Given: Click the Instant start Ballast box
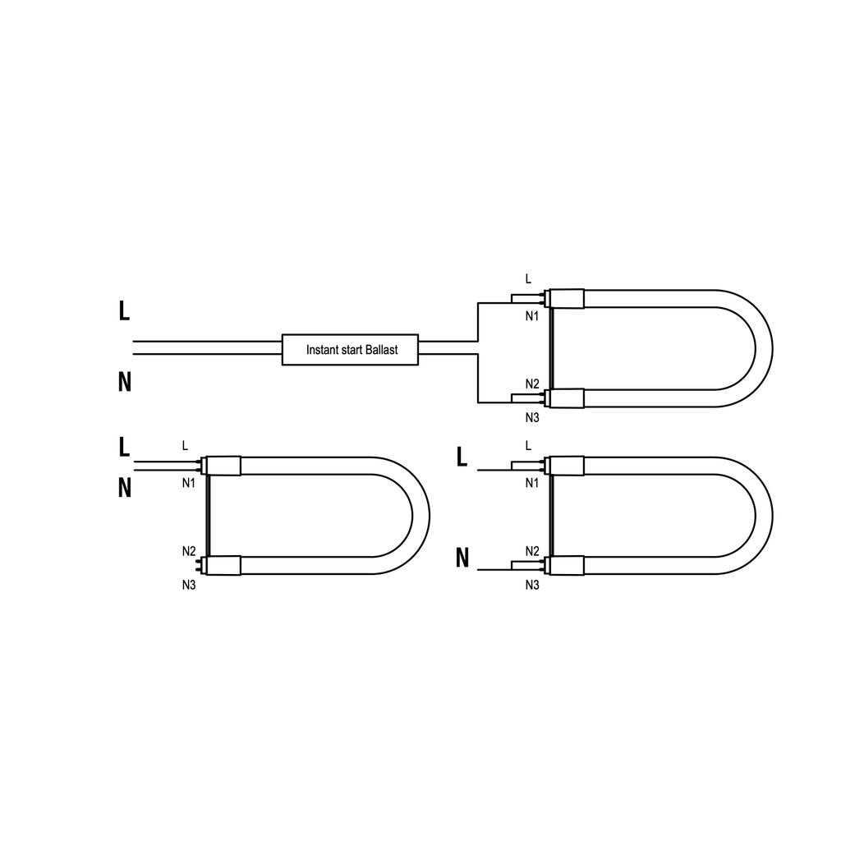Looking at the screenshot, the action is tap(350, 350).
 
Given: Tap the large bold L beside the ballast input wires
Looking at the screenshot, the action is tap(124, 310).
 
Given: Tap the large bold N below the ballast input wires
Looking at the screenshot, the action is tap(125, 382).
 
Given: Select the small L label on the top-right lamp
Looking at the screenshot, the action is tap(528, 278).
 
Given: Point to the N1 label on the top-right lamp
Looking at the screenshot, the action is tap(531, 316).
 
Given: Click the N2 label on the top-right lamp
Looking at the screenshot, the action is tap(532, 384).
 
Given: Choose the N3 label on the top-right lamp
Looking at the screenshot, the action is tap(532, 418).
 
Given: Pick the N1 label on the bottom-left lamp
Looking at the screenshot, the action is tap(188, 483).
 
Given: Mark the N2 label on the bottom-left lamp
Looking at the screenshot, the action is tap(189, 551).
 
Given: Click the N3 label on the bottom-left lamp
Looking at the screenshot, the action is tap(189, 585).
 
